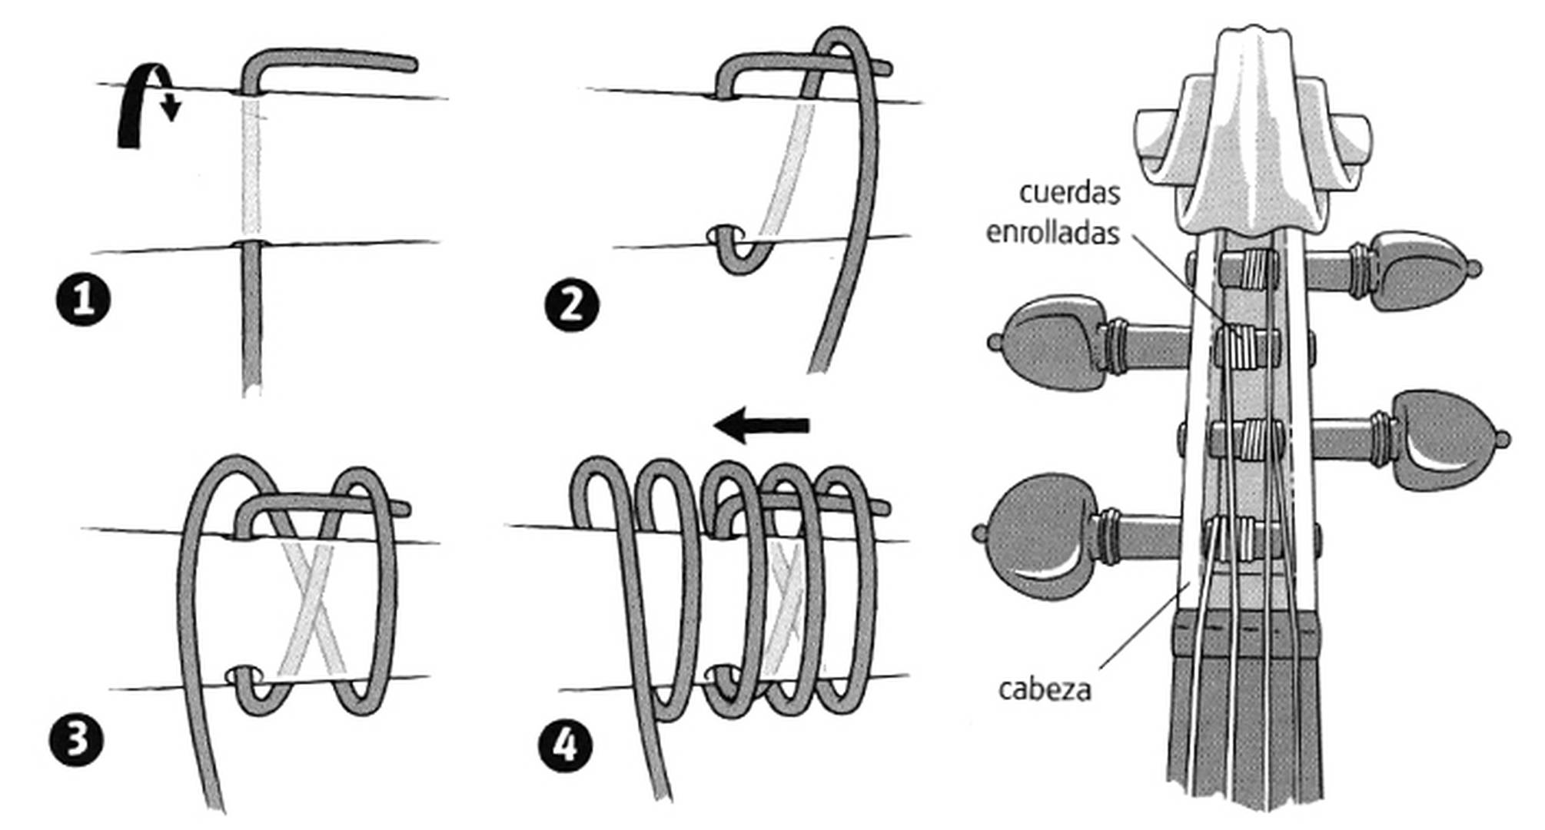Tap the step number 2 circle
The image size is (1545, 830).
570,305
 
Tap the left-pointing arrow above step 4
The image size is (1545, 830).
761,425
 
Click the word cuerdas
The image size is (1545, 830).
1069,192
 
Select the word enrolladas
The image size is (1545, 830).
1052,232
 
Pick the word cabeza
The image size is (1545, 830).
1044,689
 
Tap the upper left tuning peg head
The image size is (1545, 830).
1053,344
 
